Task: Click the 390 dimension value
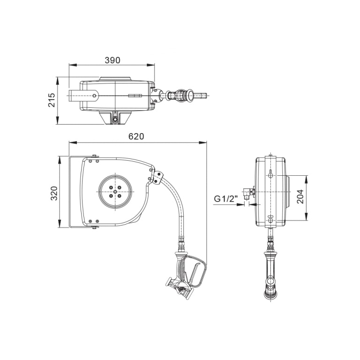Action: tap(112, 60)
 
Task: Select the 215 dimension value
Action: tap(52, 100)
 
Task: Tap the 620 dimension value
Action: tap(136, 136)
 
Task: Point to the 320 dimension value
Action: tap(54, 193)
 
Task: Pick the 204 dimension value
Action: tap(300, 196)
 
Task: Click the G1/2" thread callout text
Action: tap(226, 199)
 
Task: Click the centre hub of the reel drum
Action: tap(115, 191)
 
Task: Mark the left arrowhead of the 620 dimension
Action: tap(73, 143)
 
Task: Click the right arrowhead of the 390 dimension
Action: tap(151, 65)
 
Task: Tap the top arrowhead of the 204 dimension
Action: tap(306, 180)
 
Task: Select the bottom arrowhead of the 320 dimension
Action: tap(60, 224)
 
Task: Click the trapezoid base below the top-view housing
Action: tap(115, 118)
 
